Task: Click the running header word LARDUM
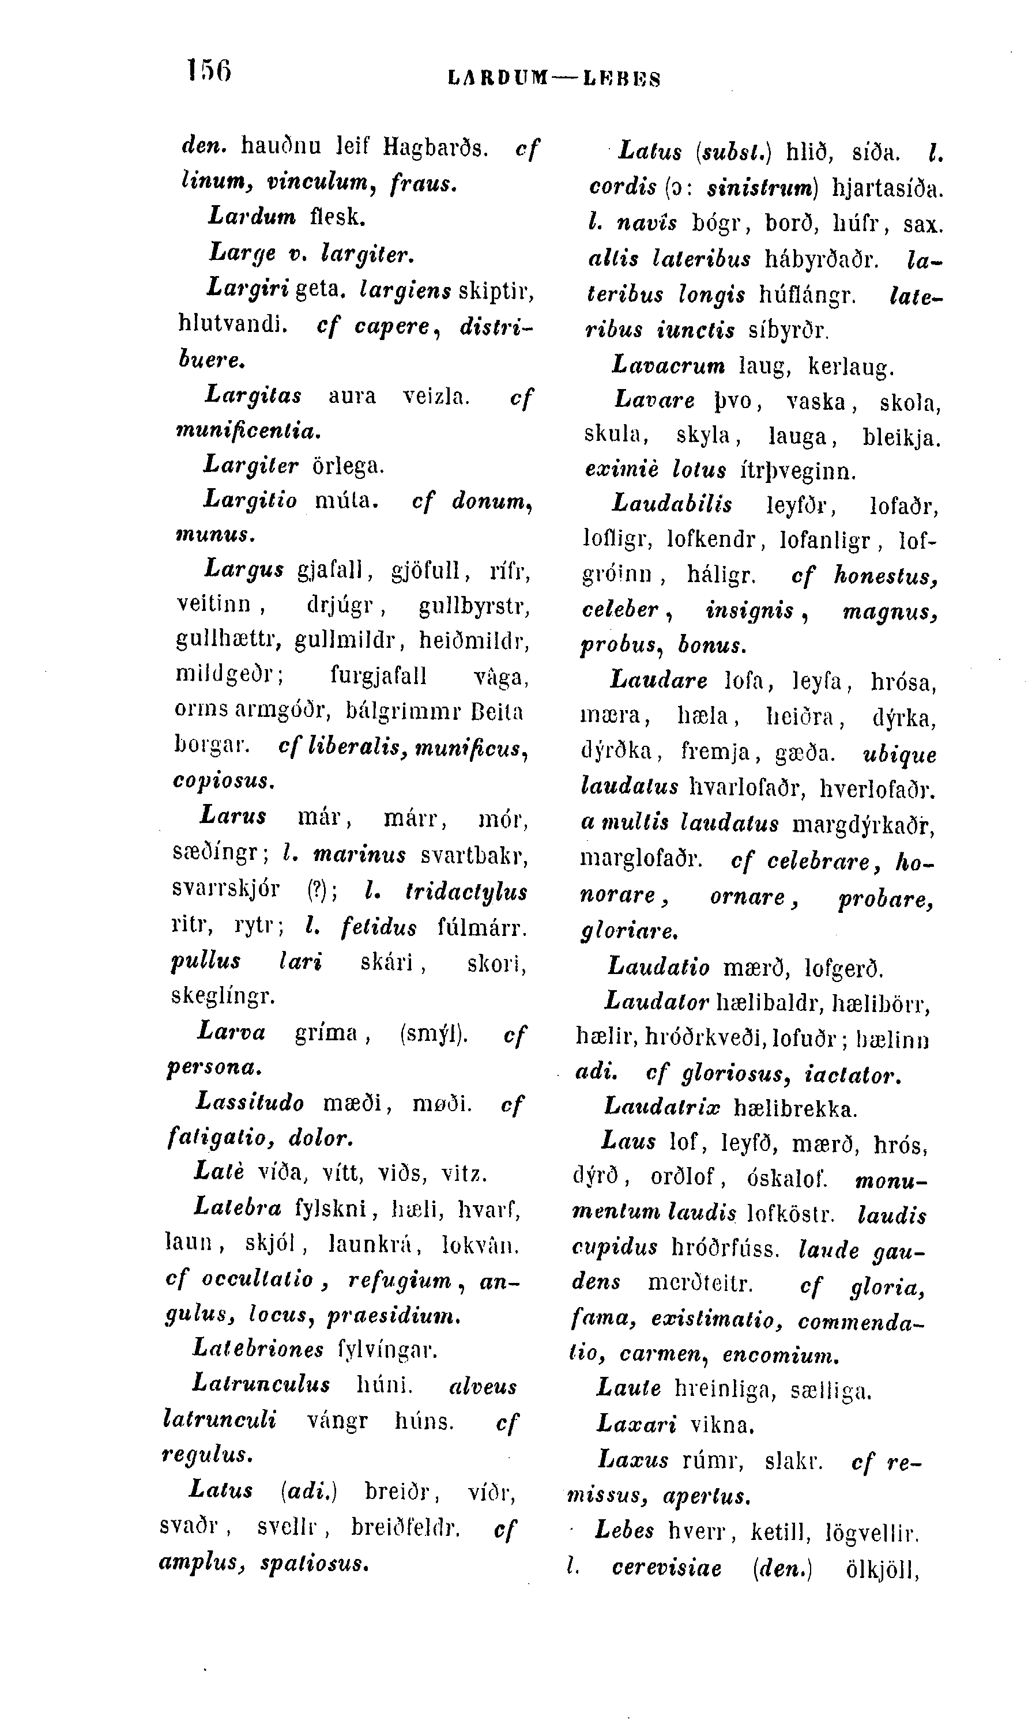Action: (499, 78)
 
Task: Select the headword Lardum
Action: (252, 216)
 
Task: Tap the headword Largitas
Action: (254, 395)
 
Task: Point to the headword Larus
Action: (233, 816)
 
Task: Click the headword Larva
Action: (232, 1032)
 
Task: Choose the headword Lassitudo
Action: (251, 1103)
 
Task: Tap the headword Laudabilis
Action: (672, 504)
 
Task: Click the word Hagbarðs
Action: (436, 147)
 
